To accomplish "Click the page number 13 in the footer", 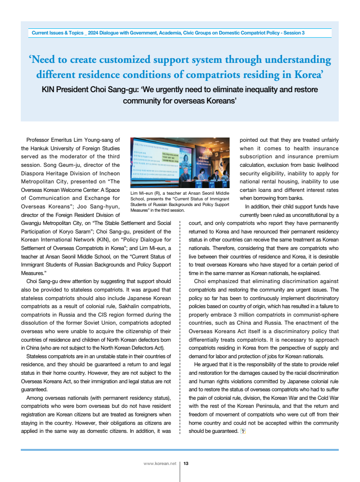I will (x=186, y=464).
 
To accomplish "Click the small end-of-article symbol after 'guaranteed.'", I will (x=243, y=430).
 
